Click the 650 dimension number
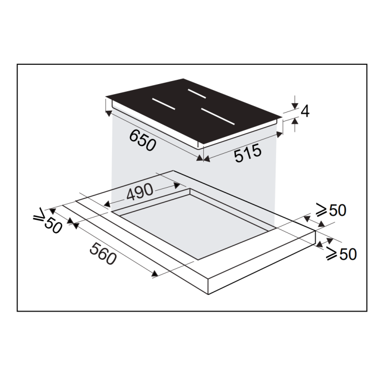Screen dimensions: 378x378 pos(143,141)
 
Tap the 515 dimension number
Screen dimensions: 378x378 pos(248,153)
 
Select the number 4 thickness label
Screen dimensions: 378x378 pos(305,112)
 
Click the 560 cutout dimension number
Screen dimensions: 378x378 pos(103,254)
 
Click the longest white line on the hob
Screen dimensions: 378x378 pos(218,116)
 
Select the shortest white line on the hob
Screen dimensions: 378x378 pos(197,94)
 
